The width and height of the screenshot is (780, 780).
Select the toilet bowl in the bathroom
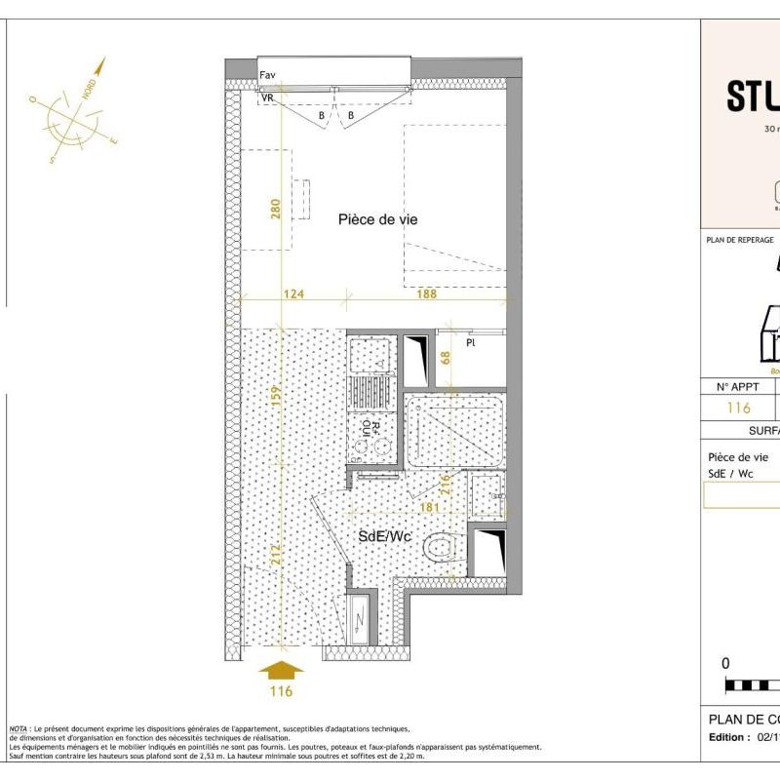(x=441, y=547)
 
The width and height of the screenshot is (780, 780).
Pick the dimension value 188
(x=427, y=292)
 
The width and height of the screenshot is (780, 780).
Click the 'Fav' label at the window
(x=267, y=75)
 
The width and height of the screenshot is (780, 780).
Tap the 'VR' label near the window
(x=267, y=97)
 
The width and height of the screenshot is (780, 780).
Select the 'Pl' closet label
(x=470, y=343)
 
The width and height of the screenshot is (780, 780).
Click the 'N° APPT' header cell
(x=737, y=386)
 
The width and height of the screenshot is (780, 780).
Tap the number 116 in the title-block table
(x=739, y=409)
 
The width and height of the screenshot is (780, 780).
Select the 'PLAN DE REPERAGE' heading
(x=739, y=240)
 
